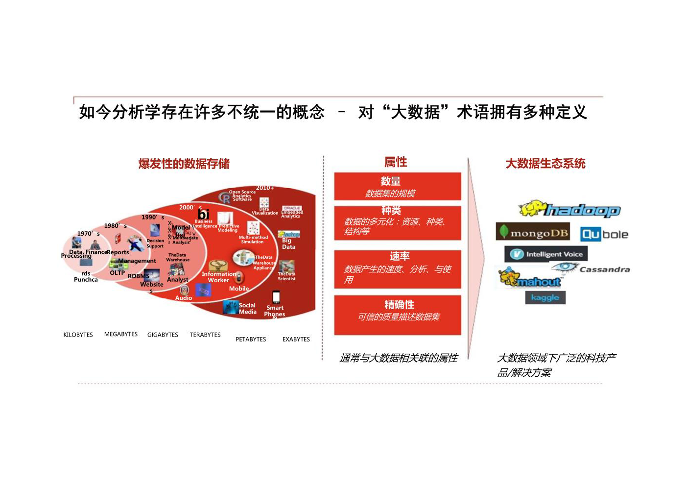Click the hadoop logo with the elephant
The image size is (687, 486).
click(569, 210)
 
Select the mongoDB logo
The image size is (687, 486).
click(533, 232)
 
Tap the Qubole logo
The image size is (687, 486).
click(604, 235)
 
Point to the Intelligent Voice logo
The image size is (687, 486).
click(546, 254)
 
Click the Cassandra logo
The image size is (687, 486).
click(591, 268)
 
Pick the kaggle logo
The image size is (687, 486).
click(545, 297)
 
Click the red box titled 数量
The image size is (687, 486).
click(397, 186)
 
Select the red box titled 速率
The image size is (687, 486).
click(397, 269)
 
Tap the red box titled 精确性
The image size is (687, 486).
click(397, 315)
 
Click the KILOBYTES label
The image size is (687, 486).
click(78, 335)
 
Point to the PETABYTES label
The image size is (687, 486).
click(251, 339)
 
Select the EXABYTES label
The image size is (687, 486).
click(296, 339)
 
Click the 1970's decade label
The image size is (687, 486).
click(88, 234)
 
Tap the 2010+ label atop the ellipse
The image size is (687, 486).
click(265, 188)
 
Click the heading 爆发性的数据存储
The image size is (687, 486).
click(184, 164)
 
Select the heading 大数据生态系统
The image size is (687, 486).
click(545, 163)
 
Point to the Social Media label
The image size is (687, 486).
click(247, 308)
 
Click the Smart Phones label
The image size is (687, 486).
click(275, 311)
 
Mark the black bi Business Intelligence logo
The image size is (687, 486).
click(204, 215)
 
